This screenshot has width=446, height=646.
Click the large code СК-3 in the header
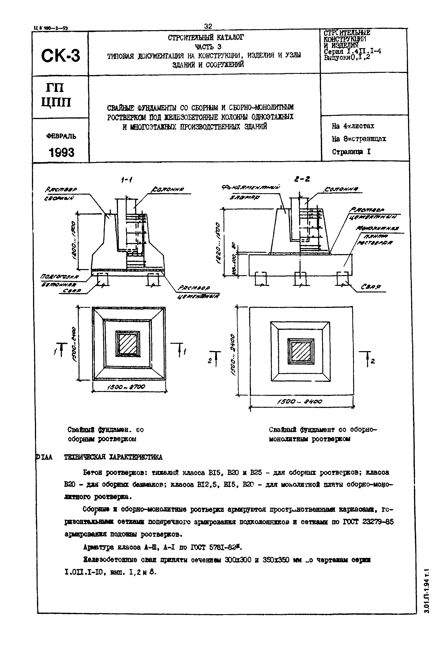coord(60,55)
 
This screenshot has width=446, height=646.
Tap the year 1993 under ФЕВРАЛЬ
coord(62,152)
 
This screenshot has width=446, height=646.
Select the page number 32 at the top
coord(208,26)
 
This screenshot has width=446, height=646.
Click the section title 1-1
coord(127,180)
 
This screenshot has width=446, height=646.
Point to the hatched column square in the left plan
coord(128,344)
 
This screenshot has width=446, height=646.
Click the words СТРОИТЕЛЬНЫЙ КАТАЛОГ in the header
coord(206,37)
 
